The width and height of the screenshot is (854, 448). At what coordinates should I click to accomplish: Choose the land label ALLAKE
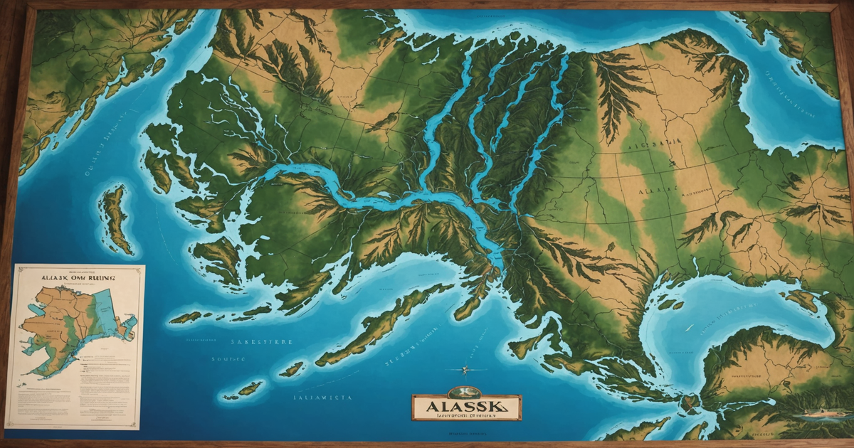655,191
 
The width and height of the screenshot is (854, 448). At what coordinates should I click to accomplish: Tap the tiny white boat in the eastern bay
690,327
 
